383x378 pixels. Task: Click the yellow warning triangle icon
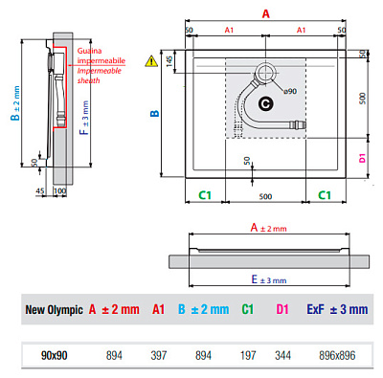coord(150,61)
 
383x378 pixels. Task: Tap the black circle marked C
coord(265,101)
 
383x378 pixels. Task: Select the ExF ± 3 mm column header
coord(336,309)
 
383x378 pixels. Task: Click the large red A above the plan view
coord(265,12)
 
